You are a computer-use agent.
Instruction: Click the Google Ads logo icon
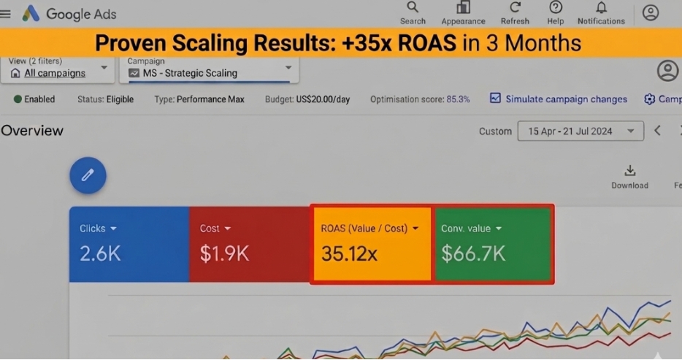pyautogui.click(x=31, y=13)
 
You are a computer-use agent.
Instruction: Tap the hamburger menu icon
pyautogui.click(x=5, y=14)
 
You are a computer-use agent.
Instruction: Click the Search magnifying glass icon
pyautogui.click(x=413, y=7)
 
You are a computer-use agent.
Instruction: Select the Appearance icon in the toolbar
pyautogui.click(x=463, y=7)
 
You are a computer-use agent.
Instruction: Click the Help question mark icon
pyautogui.click(x=556, y=7)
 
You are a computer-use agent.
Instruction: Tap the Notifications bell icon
pyautogui.click(x=601, y=7)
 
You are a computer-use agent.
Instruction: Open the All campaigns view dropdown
pyautogui.click(x=58, y=69)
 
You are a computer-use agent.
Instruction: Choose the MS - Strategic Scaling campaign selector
pyautogui.click(x=210, y=69)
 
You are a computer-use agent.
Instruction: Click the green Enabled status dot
pyautogui.click(x=18, y=99)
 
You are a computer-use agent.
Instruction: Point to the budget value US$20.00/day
pyautogui.click(x=323, y=99)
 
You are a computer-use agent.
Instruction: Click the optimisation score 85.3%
pyautogui.click(x=458, y=99)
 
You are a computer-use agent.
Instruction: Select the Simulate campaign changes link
pyautogui.click(x=559, y=99)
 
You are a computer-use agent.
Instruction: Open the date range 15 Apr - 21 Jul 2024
pyautogui.click(x=581, y=131)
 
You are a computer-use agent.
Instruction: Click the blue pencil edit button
pyautogui.click(x=88, y=175)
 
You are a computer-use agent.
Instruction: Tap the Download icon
pyautogui.click(x=630, y=170)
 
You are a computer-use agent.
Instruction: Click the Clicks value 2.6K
pyautogui.click(x=100, y=253)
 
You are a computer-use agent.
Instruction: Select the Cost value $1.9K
pyautogui.click(x=224, y=253)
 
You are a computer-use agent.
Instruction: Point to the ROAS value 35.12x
pyautogui.click(x=349, y=253)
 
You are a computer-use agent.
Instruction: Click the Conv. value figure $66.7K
pyautogui.click(x=473, y=253)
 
